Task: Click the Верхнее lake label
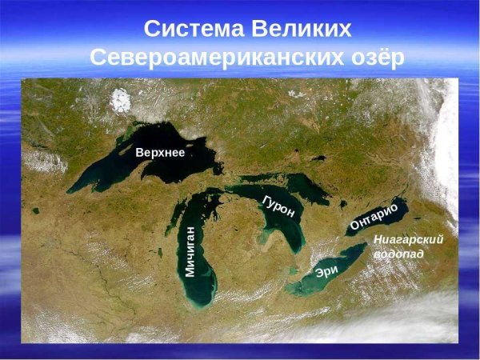point(160,153)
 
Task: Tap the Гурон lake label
point(278,206)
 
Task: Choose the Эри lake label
point(327,270)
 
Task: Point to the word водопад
point(398,254)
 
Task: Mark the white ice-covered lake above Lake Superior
point(121,100)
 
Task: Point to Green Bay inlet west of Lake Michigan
point(180,210)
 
